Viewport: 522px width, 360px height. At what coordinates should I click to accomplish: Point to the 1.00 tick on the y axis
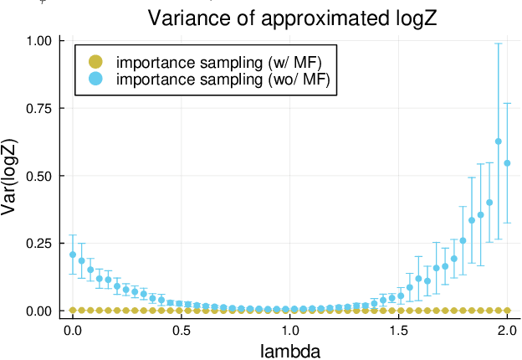38,41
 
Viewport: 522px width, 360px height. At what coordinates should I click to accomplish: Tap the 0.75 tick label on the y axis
38,109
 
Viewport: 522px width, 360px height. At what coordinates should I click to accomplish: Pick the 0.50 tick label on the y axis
38,176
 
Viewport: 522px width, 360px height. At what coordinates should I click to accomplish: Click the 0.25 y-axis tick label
38,244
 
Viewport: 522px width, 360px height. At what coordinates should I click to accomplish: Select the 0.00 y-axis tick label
38,311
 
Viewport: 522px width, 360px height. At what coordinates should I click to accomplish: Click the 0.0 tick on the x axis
73,329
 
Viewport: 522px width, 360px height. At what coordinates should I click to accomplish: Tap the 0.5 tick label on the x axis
182,329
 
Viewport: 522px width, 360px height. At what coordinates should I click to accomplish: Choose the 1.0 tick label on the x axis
289,329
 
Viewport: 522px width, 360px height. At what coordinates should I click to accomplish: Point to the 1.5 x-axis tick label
398,329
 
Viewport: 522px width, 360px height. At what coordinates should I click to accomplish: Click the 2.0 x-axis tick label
507,329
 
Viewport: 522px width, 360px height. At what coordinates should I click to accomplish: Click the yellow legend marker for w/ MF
95,62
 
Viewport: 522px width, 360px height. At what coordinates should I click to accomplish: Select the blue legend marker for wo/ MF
95,80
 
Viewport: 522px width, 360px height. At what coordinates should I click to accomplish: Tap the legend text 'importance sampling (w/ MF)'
219,62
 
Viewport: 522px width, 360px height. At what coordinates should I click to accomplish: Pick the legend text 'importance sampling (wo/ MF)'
223,80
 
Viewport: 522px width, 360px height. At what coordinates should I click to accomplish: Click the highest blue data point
499,141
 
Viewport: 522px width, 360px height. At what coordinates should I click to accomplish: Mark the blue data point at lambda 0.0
73,255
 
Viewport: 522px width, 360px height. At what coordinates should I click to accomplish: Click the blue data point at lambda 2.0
507,163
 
